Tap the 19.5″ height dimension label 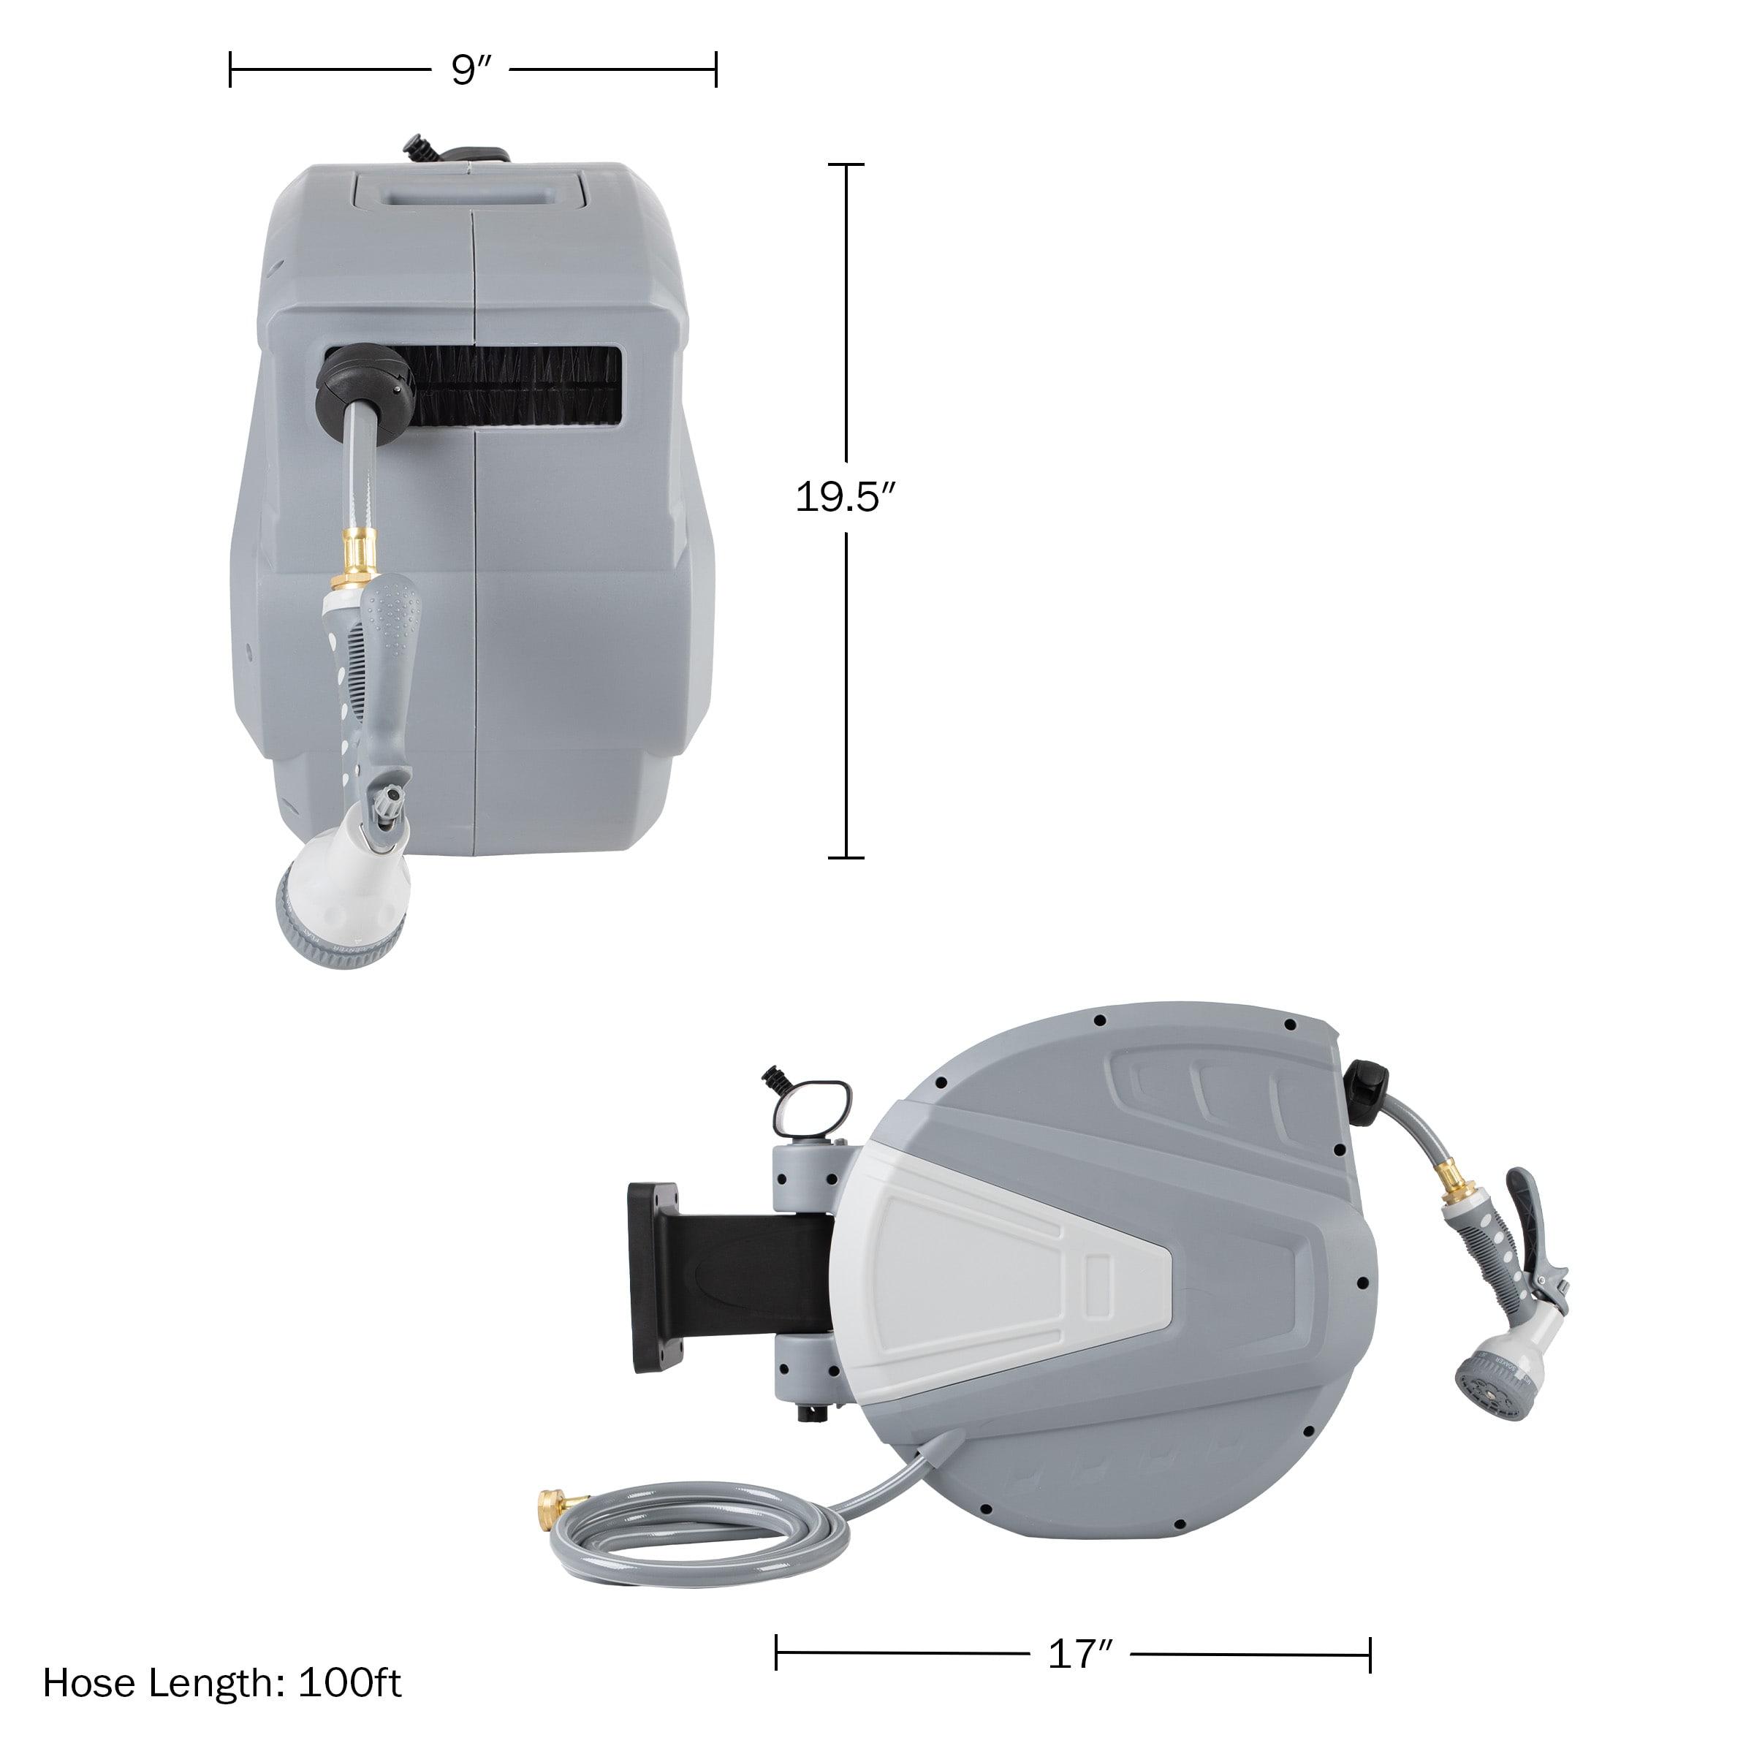[x=846, y=497]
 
